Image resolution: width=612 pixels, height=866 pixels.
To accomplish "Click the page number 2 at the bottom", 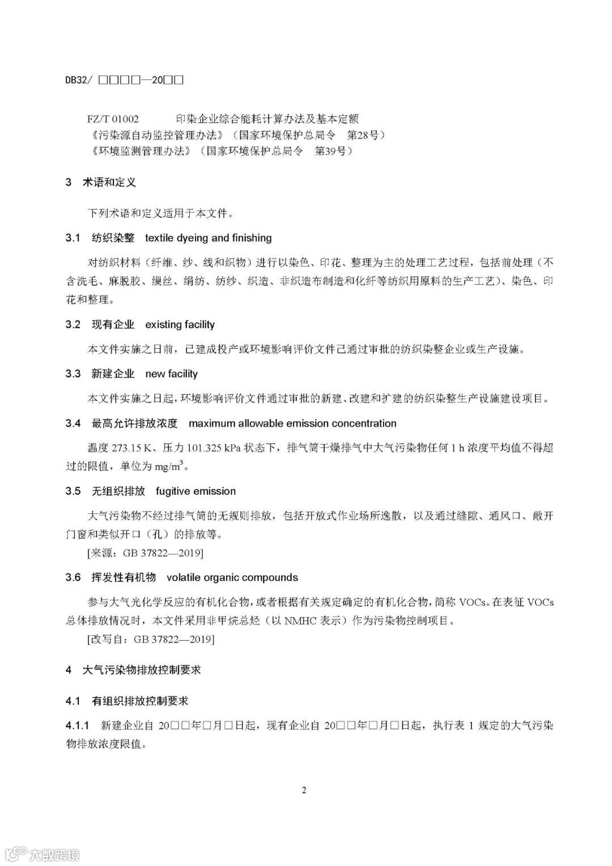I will click(304, 790).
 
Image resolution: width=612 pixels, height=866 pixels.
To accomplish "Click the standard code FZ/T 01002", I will click(113, 119).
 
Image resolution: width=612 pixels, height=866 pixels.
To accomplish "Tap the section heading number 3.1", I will click(73, 238).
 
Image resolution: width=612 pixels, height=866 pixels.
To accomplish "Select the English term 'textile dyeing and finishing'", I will click(208, 238).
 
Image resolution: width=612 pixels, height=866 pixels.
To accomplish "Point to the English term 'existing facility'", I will click(180, 325).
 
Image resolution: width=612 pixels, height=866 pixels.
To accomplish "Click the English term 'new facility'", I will click(171, 374).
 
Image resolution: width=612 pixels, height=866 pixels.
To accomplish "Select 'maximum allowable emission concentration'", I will click(292, 424).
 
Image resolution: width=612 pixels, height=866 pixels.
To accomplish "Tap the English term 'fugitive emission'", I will click(195, 492).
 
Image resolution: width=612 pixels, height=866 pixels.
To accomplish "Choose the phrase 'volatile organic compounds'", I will click(232, 578).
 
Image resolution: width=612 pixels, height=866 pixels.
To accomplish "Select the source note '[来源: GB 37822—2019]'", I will click(145, 553).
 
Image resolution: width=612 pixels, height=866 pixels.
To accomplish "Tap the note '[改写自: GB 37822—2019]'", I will click(151, 639).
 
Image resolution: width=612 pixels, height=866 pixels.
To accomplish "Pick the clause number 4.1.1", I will click(78, 726).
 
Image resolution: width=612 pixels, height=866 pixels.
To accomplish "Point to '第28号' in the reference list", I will click(365, 135).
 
